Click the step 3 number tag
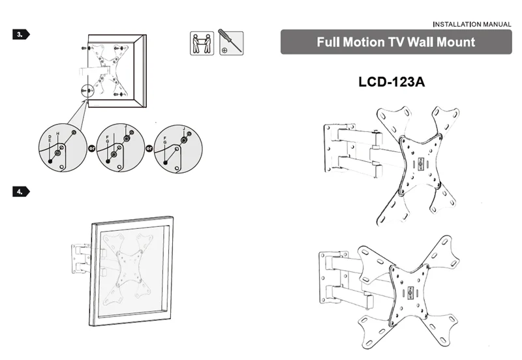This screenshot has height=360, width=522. pyautogui.click(x=21, y=35)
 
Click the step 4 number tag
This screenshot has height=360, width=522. pyautogui.click(x=21, y=192)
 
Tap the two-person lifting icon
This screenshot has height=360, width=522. pyautogui.click(x=202, y=43)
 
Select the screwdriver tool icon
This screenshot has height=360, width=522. pyautogui.click(x=232, y=42)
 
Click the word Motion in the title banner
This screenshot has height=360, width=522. pyautogui.click(x=363, y=42)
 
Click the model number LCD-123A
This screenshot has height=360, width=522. pyautogui.click(x=391, y=82)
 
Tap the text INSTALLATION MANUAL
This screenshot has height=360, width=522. pyautogui.click(x=472, y=24)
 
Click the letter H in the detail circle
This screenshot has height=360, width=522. pyautogui.click(x=58, y=134)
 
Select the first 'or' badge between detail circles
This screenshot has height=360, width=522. pyautogui.click(x=91, y=149)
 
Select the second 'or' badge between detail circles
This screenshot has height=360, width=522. pyautogui.click(x=149, y=149)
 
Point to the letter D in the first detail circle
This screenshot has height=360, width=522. pyautogui.click(x=50, y=136)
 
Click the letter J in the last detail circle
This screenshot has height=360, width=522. pyautogui.click(x=184, y=128)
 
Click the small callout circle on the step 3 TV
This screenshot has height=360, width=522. pyautogui.click(x=87, y=91)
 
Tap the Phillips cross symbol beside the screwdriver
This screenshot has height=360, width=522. pyautogui.click(x=224, y=50)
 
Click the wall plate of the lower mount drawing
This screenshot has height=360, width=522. pyautogui.click(x=328, y=277)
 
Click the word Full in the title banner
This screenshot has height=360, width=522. pyautogui.click(x=328, y=42)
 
